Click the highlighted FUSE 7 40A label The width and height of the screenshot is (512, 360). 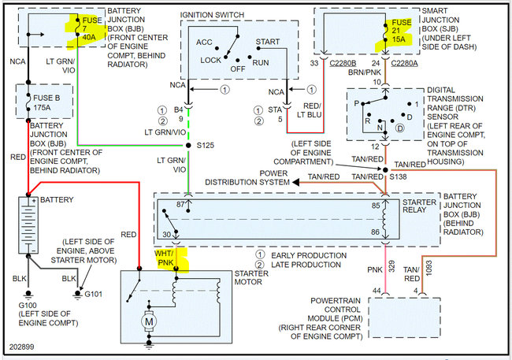coord(91,28)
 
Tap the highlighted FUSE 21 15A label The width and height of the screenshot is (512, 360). coord(401,31)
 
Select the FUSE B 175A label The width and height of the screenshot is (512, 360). coord(46,102)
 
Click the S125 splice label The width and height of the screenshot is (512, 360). coord(206,146)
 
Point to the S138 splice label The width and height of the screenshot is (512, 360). coord(398,176)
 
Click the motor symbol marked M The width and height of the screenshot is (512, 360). coord(149,321)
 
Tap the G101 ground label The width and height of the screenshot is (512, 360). coord(94,294)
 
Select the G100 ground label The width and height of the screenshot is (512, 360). coord(28,306)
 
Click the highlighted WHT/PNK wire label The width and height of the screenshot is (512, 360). coord(165,258)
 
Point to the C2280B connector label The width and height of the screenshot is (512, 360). coord(343,63)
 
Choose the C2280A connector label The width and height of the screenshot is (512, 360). coord(404,63)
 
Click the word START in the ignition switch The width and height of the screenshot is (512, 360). coord(268,42)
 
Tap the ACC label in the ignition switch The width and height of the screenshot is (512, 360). coord(204,42)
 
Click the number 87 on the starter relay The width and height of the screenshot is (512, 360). coord(180,205)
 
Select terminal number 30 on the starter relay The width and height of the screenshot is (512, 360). coord(166,234)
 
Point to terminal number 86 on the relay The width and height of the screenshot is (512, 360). coord(375,232)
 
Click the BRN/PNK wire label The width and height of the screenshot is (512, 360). coord(365,72)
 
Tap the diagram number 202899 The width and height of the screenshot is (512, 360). coord(21,347)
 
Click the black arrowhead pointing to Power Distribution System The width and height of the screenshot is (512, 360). coord(296,182)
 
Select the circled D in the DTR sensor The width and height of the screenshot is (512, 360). coord(399,128)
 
